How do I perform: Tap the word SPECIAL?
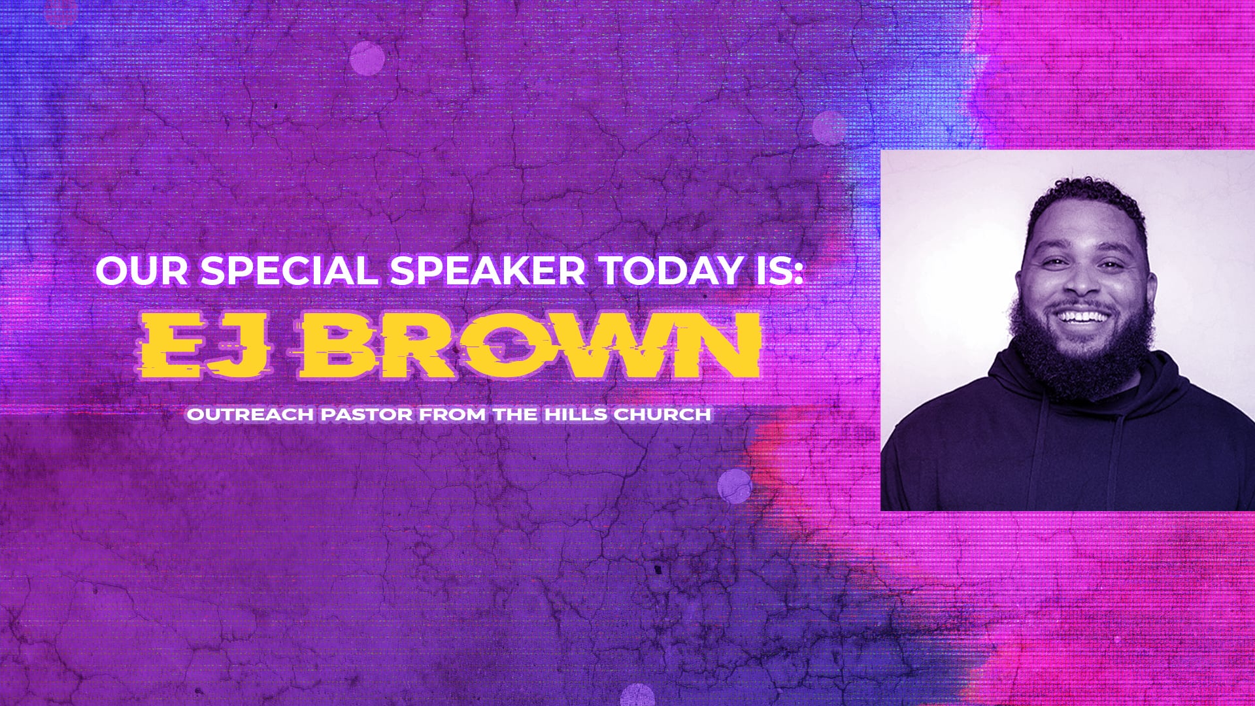coord(288,270)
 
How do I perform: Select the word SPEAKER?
coord(487,270)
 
